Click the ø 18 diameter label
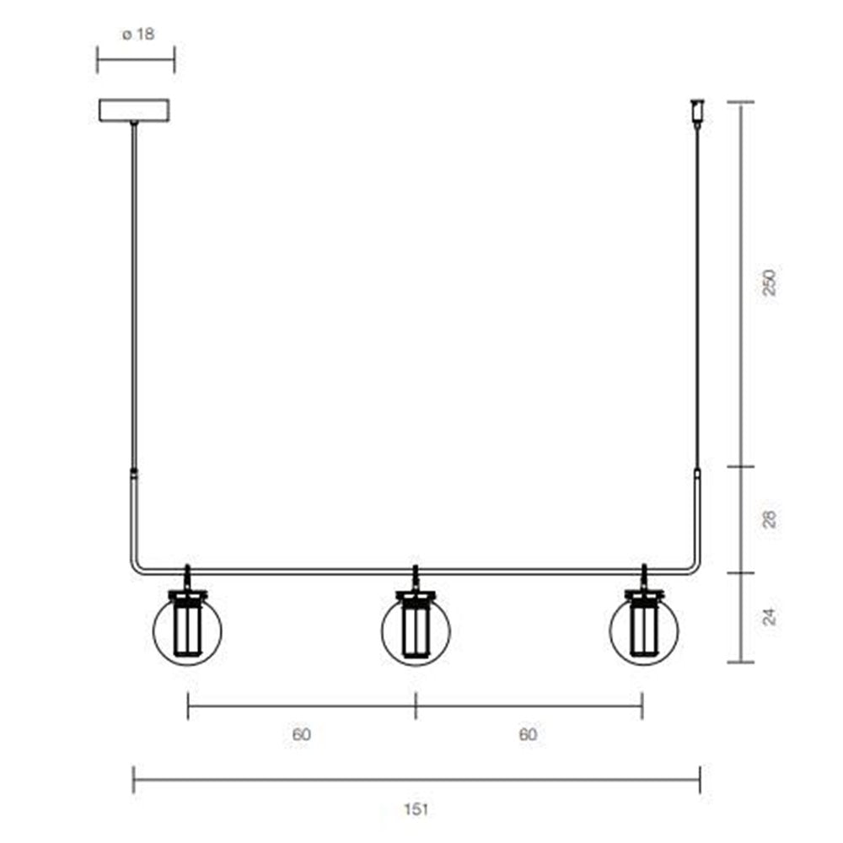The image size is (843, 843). coord(137,35)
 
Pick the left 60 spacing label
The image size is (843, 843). coord(302,734)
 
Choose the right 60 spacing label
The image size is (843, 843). coord(528,734)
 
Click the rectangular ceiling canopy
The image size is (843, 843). coord(134,110)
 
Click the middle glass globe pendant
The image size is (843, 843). coord(416,629)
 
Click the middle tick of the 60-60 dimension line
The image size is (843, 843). coord(416,706)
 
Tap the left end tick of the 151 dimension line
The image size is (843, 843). coord(133,780)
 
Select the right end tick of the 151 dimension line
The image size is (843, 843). coord(700,780)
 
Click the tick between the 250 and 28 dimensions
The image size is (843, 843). coord(741,467)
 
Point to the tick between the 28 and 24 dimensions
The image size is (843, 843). coord(741,573)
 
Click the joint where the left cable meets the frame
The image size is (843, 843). coord(133,472)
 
